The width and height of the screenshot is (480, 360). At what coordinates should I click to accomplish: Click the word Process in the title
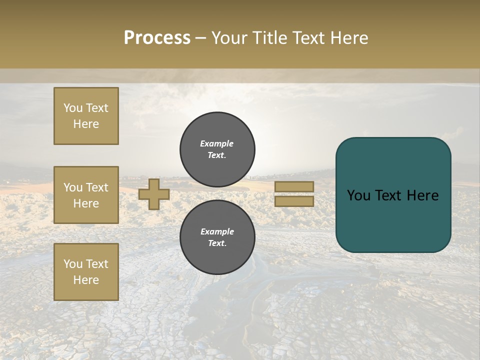tap(157, 38)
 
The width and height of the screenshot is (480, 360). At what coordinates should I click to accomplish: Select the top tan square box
tap(86, 116)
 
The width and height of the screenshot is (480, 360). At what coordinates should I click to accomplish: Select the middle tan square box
tap(86, 195)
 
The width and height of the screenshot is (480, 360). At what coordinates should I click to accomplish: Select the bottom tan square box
tap(86, 272)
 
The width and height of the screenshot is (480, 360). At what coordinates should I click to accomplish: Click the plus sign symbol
tap(154, 194)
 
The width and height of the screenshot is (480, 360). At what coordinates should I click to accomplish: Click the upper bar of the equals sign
tap(294, 186)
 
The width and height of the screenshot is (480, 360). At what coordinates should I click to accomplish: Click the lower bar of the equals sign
tap(294, 201)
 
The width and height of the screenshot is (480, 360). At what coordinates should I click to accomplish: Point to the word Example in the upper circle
tap(216, 143)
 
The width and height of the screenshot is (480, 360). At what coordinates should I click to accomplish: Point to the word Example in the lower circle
tap(217, 231)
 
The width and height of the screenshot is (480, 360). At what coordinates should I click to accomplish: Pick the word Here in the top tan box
tap(86, 124)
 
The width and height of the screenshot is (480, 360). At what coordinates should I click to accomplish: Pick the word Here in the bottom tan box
tap(86, 280)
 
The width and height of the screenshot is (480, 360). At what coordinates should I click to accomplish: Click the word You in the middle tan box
tap(72, 187)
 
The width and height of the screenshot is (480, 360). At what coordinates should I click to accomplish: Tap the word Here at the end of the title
tap(347, 38)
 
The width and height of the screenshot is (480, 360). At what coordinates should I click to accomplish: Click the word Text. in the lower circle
tap(217, 243)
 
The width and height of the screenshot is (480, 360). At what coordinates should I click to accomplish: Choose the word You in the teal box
tap(358, 195)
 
